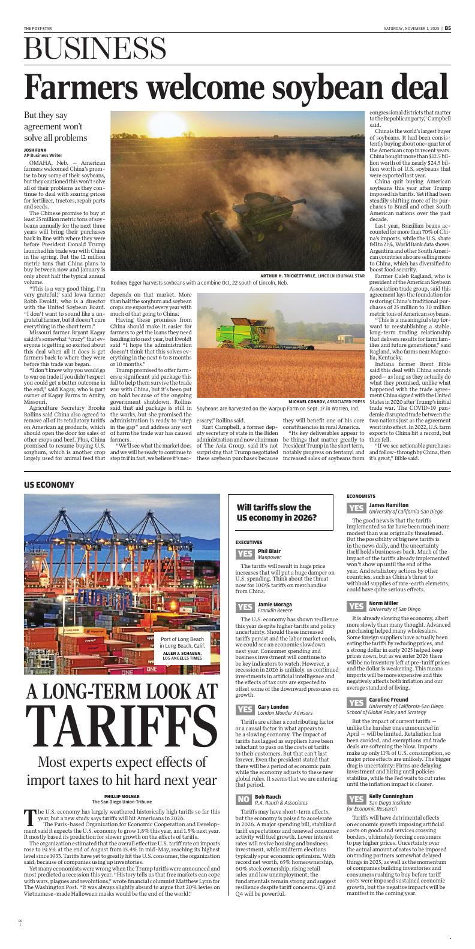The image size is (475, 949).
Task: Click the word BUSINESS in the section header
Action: [95, 49]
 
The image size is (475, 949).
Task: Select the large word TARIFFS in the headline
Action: [122, 726]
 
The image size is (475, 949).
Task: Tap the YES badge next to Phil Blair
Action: [245, 554]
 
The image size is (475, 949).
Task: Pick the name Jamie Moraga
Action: [275, 605]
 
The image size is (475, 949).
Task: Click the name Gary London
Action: [273, 707]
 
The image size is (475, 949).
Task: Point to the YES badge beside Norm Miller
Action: [356, 606]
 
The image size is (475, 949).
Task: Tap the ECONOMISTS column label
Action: [361, 497]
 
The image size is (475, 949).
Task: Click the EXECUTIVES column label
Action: [249, 542]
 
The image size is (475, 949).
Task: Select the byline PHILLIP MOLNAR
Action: [121, 796]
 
